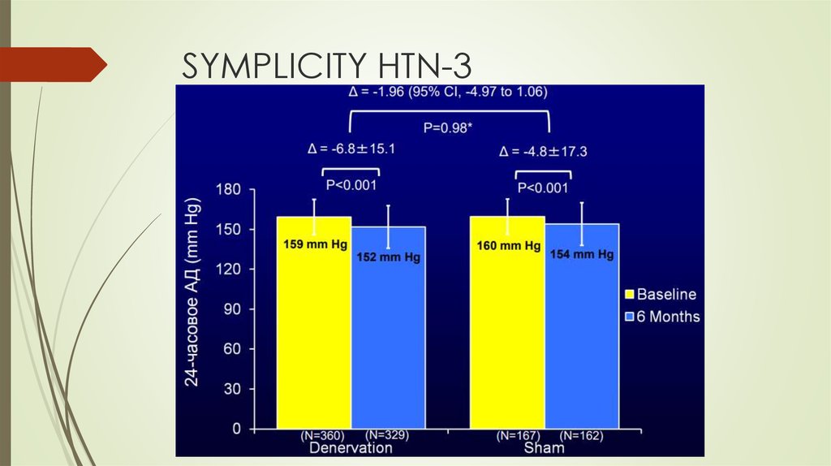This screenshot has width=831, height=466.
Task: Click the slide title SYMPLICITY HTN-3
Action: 325,65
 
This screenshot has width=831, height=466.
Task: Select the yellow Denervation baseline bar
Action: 314,325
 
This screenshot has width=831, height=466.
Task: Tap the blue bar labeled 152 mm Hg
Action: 388,333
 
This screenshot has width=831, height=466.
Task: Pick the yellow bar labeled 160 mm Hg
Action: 508,325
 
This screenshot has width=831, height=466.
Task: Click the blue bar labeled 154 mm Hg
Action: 582,333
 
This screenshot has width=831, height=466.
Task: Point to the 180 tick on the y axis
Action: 229,189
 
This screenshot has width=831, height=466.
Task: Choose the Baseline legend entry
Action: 659,294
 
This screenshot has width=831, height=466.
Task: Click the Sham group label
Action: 544,448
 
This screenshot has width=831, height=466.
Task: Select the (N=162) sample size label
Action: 580,436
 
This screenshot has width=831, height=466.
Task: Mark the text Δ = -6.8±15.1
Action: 351,149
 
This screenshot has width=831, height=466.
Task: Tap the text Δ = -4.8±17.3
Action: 544,151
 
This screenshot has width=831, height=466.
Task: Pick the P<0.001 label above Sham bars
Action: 543,188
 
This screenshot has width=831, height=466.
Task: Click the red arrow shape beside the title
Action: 53,64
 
